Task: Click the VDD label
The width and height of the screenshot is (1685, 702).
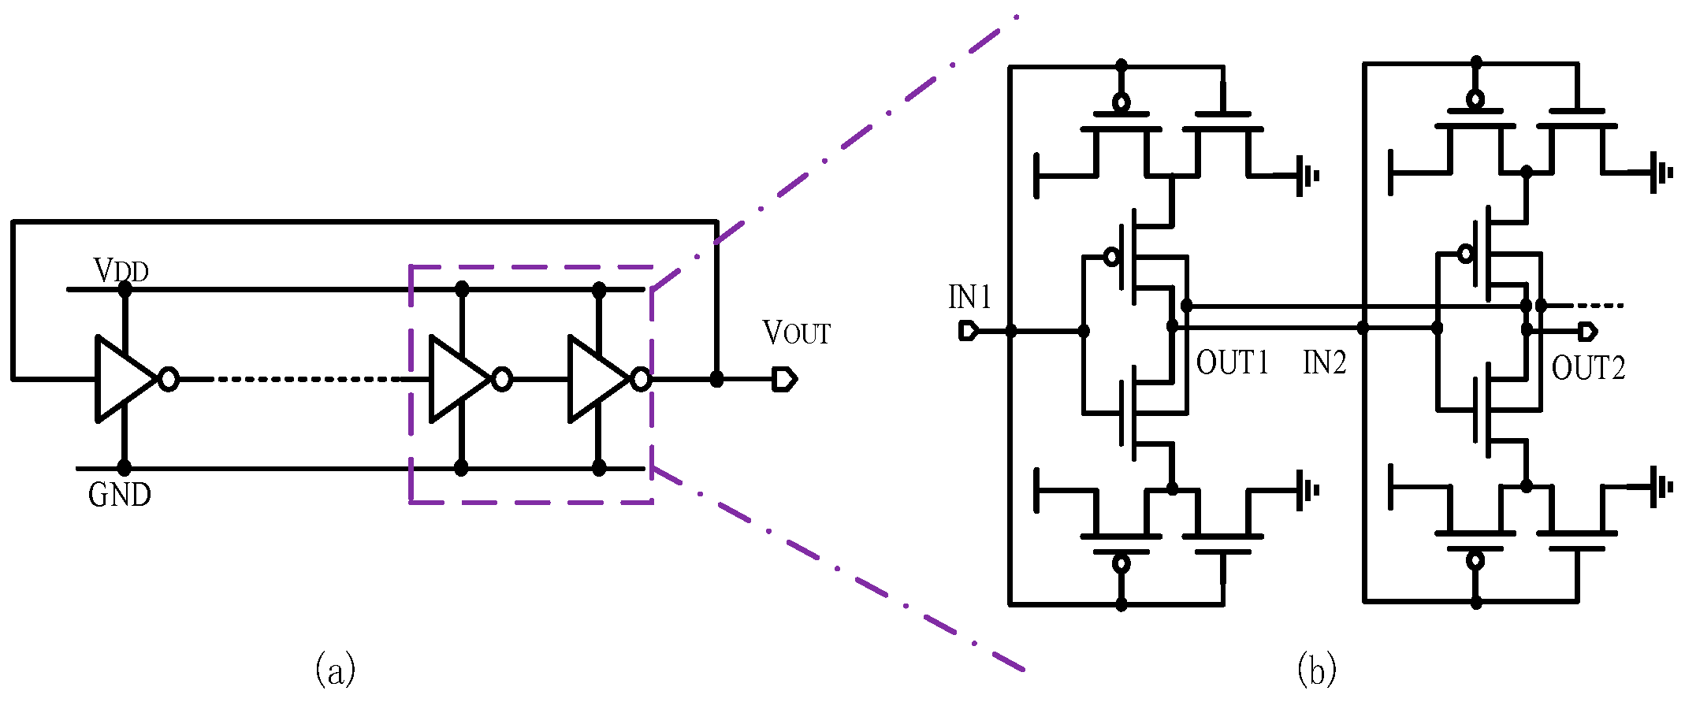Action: tap(121, 271)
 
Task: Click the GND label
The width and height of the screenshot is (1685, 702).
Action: tap(119, 495)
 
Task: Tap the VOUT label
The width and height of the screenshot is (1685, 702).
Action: tap(796, 332)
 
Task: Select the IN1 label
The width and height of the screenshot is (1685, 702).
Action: tap(969, 298)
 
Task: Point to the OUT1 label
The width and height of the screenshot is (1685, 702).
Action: tap(1232, 363)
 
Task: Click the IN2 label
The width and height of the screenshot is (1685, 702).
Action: tap(1324, 363)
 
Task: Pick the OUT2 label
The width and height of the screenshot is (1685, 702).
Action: tap(1588, 368)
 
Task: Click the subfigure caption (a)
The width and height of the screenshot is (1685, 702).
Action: tap(335, 670)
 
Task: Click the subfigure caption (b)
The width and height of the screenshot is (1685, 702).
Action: tap(1316, 670)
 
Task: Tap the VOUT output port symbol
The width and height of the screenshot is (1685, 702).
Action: tap(784, 380)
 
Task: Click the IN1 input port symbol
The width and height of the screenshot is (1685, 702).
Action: tap(968, 331)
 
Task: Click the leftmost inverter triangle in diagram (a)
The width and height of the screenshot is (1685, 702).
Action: tap(122, 379)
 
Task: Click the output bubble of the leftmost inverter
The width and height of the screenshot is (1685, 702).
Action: tap(168, 379)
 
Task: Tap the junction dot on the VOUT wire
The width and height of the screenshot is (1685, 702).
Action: tap(716, 380)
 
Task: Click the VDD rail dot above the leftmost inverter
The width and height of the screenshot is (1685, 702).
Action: tap(125, 289)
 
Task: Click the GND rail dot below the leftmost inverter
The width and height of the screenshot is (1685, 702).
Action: tap(124, 468)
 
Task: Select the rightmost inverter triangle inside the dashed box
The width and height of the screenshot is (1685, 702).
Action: tap(597, 379)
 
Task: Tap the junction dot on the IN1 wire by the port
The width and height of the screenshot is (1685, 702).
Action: tap(1011, 331)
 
